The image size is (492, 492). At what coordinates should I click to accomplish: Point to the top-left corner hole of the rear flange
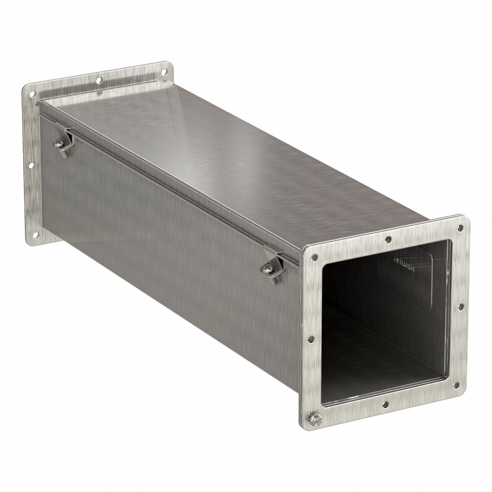click(32, 94)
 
